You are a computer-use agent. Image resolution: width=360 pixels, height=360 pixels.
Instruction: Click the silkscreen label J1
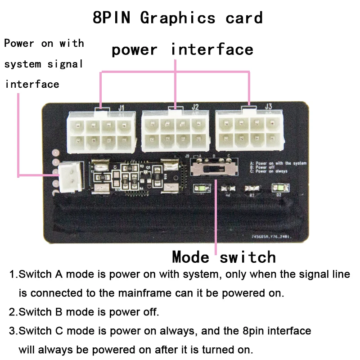[x=121, y=108]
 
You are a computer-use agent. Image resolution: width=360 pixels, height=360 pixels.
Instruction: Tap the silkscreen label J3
[x=269, y=107]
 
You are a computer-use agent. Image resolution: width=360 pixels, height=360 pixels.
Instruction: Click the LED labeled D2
[x=278, y=189]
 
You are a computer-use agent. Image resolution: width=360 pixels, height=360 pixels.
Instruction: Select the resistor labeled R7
[x=251, y=189]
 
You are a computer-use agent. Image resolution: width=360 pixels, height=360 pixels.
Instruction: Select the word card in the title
[x=244, y=18]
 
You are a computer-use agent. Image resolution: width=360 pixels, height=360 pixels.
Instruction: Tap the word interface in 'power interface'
[x=212, y=49]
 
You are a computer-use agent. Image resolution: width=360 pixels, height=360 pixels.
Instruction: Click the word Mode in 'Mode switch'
[x=190, y=257]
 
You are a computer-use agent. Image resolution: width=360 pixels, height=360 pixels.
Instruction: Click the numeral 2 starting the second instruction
[x=12, y=312]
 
